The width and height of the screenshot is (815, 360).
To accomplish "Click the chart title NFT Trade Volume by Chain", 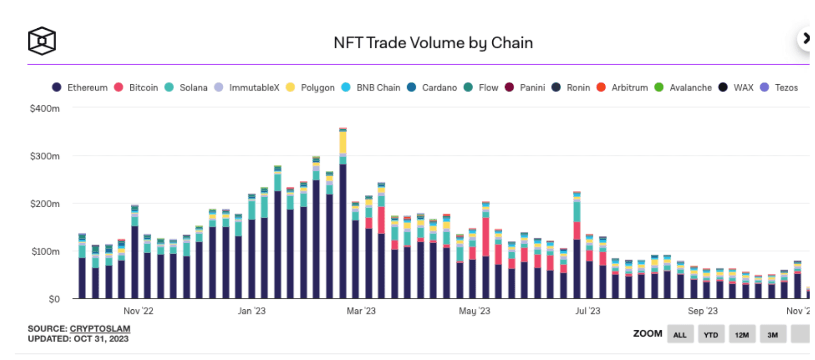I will [433, 43].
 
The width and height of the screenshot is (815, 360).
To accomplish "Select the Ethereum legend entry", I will [80, 88].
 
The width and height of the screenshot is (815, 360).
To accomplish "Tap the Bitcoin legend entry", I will [136, 88].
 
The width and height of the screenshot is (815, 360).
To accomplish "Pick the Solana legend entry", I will [186, 88].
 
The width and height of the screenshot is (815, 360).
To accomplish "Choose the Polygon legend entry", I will [310, 88].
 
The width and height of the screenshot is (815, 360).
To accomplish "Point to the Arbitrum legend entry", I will [622, 88].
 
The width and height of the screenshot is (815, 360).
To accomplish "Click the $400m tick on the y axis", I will [45, 109].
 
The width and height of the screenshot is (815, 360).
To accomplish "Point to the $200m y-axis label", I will [45, 204].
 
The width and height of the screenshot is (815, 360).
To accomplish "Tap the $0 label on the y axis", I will [54, 299].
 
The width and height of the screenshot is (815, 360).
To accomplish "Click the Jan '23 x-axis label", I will [251, 311].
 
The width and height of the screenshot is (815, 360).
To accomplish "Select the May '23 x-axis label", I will [475, 311].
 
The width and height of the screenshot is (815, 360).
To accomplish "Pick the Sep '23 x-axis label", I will [702, 311].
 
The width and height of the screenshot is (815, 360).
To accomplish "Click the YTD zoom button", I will [711, 335].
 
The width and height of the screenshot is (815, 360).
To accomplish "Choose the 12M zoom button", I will [742, 335].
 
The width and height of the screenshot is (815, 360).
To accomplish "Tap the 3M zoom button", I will [772, 335].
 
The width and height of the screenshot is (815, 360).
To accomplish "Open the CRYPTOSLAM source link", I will [100, 329].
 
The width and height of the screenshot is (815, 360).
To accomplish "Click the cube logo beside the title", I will [42, 41].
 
